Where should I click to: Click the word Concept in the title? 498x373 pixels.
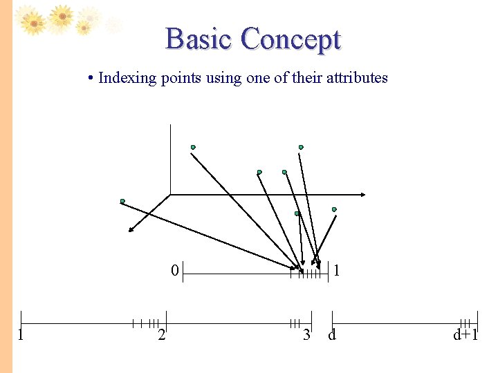pos(290,40)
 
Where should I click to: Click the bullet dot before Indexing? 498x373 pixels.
pos(91,78)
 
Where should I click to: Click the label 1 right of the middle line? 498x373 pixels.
pos(336,271)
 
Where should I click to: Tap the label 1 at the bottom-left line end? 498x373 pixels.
pos(21,336)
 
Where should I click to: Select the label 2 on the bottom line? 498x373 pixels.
pos(161,336)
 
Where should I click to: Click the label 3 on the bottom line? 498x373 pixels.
pos(306,336)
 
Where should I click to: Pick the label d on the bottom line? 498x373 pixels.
pos(332,336)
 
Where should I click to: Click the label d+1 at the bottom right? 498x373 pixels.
pos(465,336)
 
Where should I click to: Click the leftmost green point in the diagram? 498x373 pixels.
pos(122,201)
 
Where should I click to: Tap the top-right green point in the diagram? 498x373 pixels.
pos(301,146)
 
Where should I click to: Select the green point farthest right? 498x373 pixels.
pos(334,209)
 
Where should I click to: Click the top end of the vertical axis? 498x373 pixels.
pos(170,125)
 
